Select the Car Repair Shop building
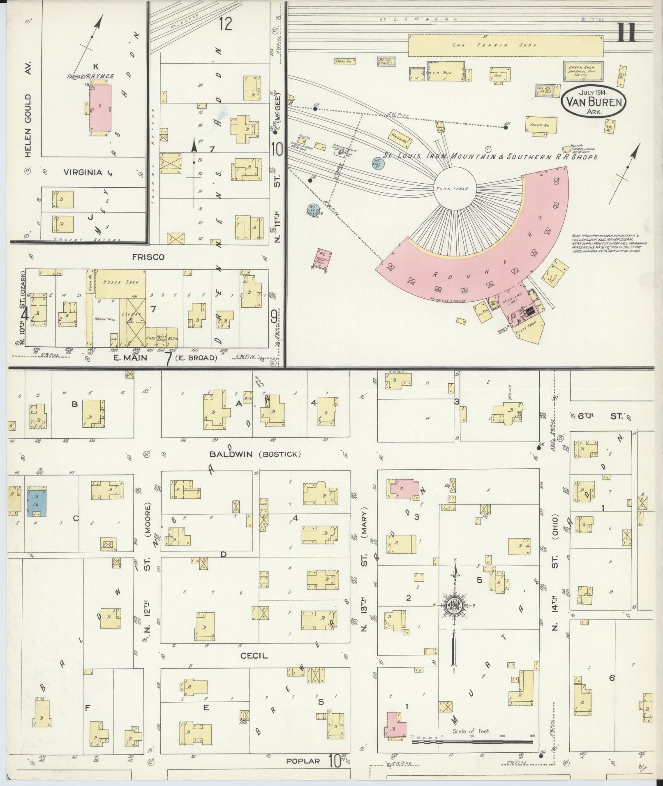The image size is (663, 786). click(506, 45)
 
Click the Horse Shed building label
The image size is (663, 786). click(121, 283)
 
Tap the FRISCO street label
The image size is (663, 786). click(148, 257)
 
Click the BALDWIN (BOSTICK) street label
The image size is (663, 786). click(255, 454)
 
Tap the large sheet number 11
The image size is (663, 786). click(626, 32)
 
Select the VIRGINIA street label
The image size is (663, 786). click(83, 173)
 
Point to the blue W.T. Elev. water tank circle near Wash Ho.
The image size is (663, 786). click(378, 163)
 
